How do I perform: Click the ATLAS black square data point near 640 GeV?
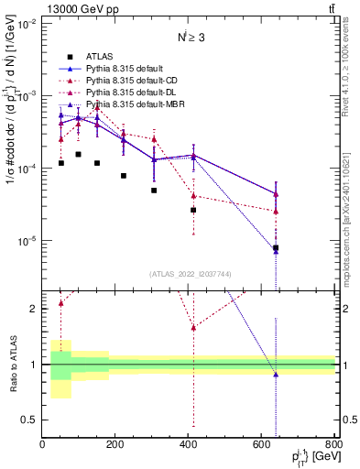click(276, 247)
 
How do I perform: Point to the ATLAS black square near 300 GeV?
click(154, 191)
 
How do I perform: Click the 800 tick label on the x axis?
click(333, 446)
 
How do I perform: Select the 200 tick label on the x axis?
click(115, 446)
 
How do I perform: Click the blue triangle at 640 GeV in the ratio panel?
click(276, 375)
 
